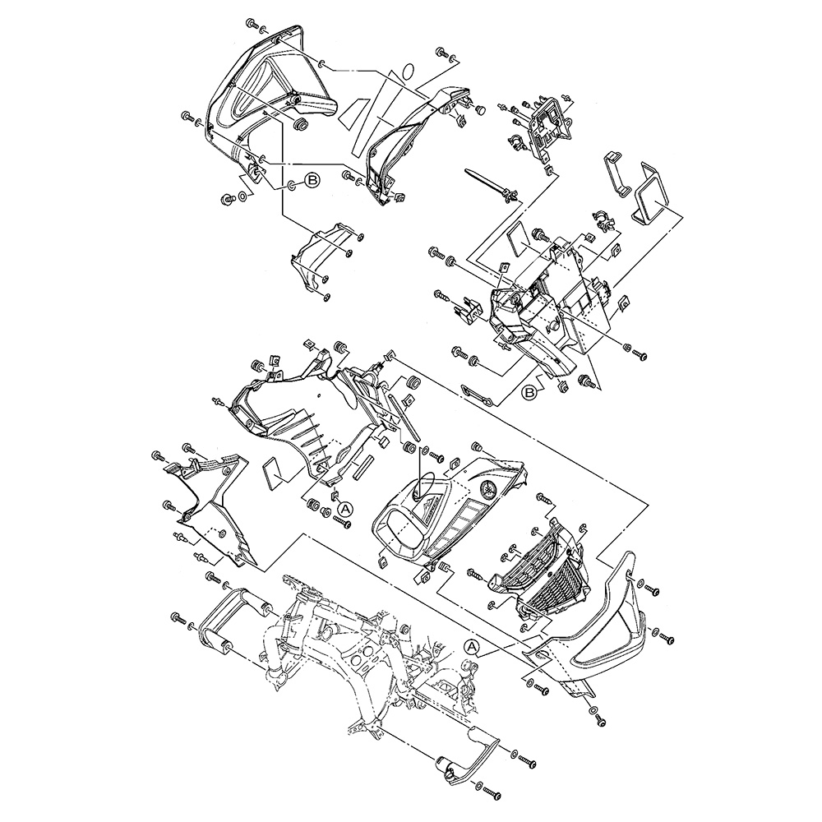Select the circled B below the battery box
coord(531,393)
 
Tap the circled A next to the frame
coord(472,647)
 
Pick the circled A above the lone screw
coord(345,509)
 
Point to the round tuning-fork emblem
coord(490,490)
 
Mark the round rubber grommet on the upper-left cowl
coord(300,125)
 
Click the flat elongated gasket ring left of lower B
coord(478,394)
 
